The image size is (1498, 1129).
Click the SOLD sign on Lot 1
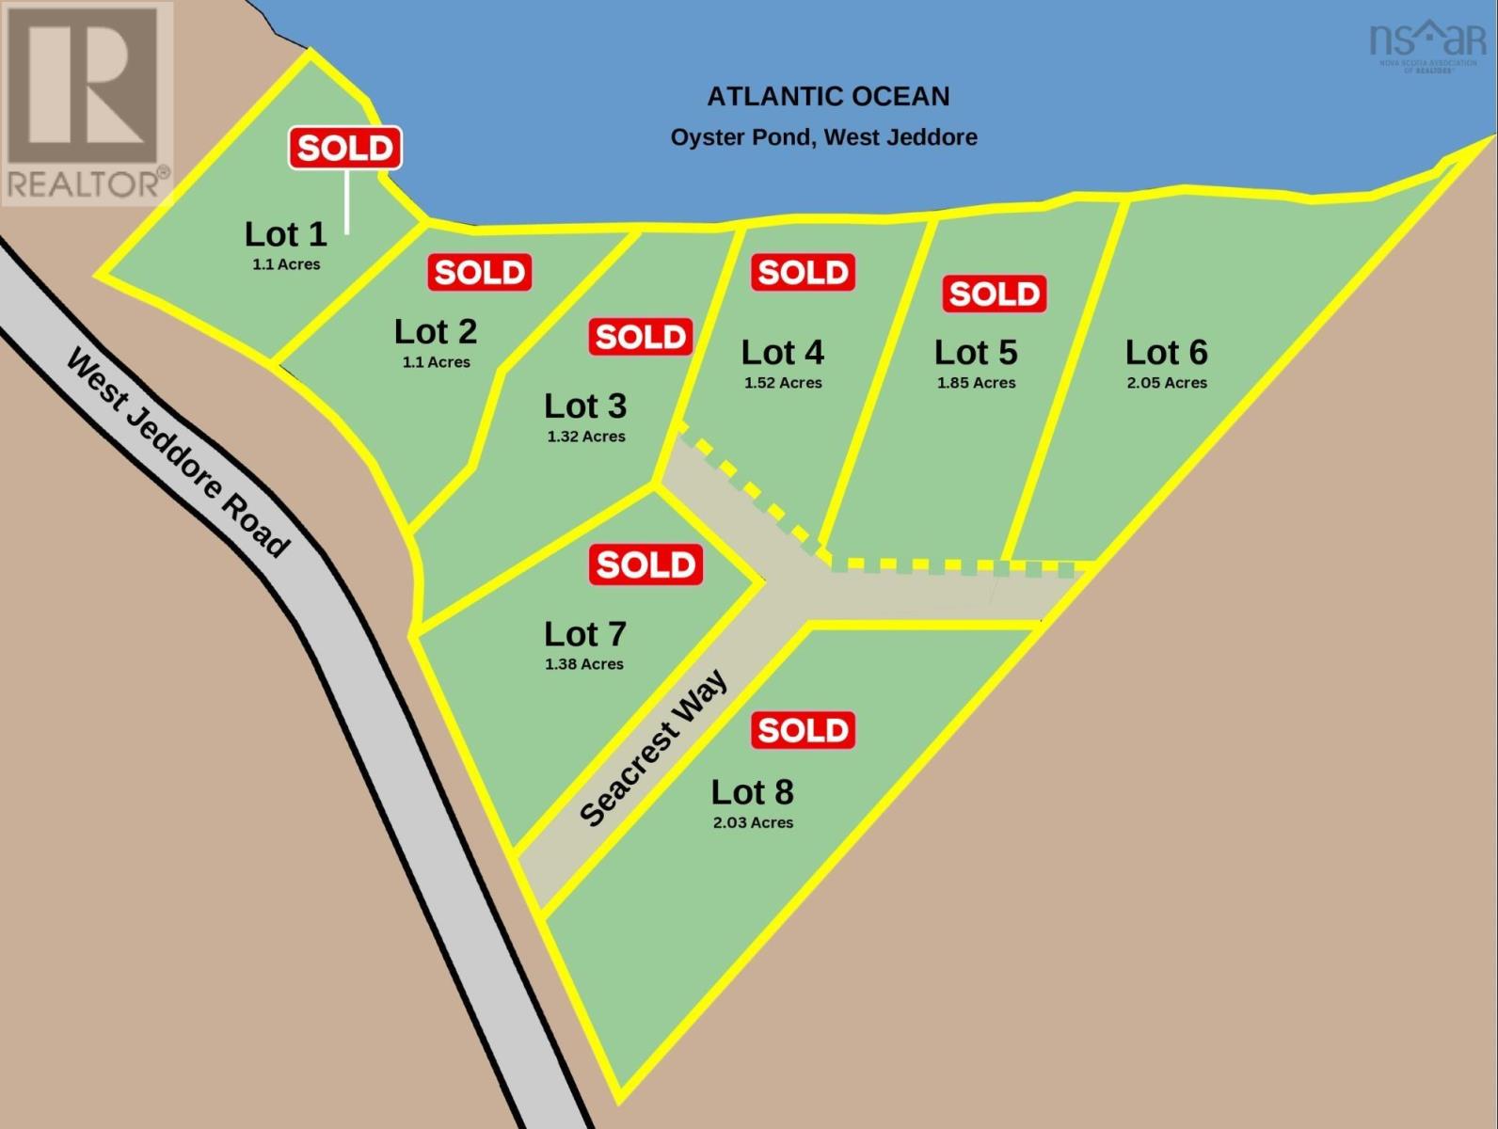tap(345, 148)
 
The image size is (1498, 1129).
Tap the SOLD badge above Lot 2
tap(480, 272)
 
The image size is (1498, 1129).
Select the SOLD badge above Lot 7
tap(645, 564)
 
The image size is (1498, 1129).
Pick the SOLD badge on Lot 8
tap(803, 730)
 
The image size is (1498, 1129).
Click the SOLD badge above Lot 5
tap(994, 294)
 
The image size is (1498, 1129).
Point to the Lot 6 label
tap(1166, 352)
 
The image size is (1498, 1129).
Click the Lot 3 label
tap(584, 405)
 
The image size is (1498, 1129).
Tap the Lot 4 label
tap(782, 352)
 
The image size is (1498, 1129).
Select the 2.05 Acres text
tap(1167, 383)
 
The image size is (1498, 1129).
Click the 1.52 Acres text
tap(783, 383)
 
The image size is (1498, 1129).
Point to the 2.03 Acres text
tap(753, 822)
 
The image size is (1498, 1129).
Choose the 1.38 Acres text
tap(583, 664)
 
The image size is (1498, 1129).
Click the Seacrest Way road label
tap(653, 748)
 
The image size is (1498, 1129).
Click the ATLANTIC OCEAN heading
tap(828, 96)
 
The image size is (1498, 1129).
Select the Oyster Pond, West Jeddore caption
tap(823, 137)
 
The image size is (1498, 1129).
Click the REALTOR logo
tap(87, 103)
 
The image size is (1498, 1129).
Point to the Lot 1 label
tap(285, 233)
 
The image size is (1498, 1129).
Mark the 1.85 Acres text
tap(976, 383)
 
